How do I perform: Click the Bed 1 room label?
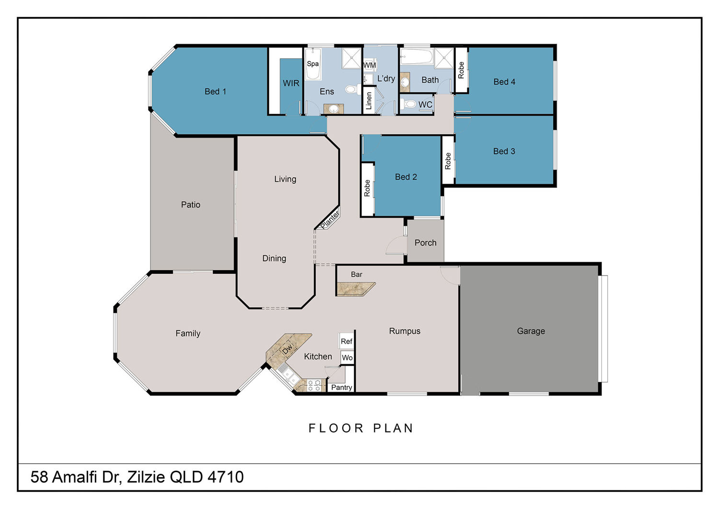pyautogui.click(x=215, y=92)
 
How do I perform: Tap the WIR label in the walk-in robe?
pyautogui.click(x=291, y=83)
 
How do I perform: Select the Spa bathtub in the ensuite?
pyautogui.click(x=313, y=64)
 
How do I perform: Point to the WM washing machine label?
pyautogui.click(x=370, y=65)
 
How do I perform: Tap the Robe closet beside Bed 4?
pyautogui.click(x=461, y=70)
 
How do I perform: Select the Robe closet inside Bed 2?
pyautogui.click(x=368, y=189)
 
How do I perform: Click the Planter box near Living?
pyautogui.click(x=329, y=219)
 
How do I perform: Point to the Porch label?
pyautogui.click(x=425, y=242)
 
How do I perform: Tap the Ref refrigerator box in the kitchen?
pyautogui.click(x=347, y=341)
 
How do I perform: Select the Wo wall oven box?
pyautogui.click(x=347, y=358)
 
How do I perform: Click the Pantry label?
pyautogui.click(x=341, y=388)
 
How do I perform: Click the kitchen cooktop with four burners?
pyautogui.click(x=313, y=385)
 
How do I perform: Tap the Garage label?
pyautogui.click(x=531, y=331)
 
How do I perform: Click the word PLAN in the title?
pyautogui.click(x=393, y=428)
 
